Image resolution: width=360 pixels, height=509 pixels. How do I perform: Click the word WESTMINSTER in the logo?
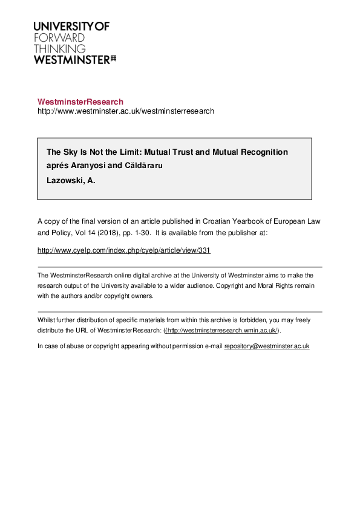tap(71, 59)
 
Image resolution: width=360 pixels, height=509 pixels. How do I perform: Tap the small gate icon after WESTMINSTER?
tap(113, 59)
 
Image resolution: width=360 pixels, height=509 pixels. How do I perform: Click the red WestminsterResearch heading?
tap(80, 102)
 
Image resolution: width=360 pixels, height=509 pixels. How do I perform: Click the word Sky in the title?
tap(71, 152)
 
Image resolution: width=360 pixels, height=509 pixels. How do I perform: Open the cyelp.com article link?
tap(124, 250)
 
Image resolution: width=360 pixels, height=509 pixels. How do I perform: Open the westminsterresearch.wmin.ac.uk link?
tap(221, 331)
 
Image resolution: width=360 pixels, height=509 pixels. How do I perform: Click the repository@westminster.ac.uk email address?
tap(267, 346)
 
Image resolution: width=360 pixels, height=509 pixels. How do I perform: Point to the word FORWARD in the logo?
tap(59, 37)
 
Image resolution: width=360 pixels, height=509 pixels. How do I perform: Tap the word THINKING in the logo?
tap(59, 48)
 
